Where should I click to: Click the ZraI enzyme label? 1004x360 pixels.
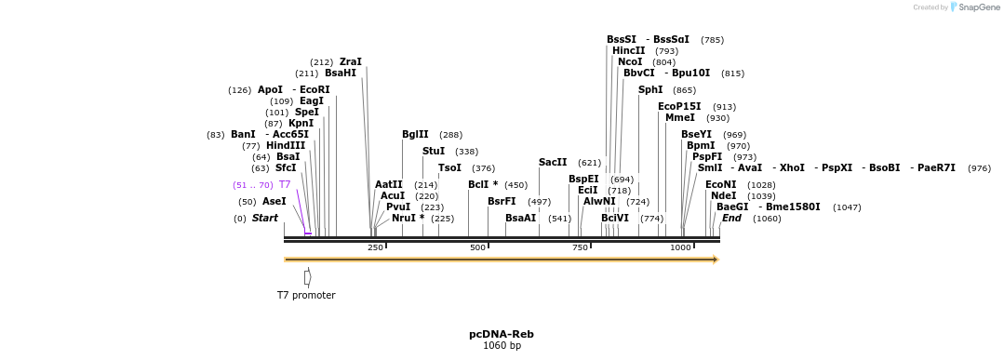pyautogui.click(x=350, y=62)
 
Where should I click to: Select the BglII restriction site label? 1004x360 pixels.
pyautogui.click(x=415, y=135)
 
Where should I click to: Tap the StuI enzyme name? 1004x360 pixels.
pyautogui.click(x=434, y=152)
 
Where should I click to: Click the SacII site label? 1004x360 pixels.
pyautogui.click(x=553, y=163)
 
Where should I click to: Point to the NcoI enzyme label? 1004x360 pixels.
pyautogui.click(x=630, y=62)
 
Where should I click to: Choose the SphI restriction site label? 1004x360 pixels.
pyautogui.click(x=650, y=90)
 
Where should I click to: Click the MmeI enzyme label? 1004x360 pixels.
pyautogui.click(x=679, y=118)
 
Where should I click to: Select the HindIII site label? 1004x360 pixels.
pyautogui.click(x=286, y=146)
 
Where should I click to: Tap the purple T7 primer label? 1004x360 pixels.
pyautogui.click(x=285, y=185)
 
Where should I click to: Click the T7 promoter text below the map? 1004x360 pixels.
pyautogui.click(x=306, y=296)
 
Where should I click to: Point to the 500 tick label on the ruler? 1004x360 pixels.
pyautogui.click(x=477, y=247)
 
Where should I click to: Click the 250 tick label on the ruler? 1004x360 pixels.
pyautogui.click(x=375, y=247)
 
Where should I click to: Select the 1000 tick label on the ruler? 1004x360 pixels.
pyautogui.click(x=680, y=247)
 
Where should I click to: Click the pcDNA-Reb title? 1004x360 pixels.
pyautogui.click(x=502, y=334)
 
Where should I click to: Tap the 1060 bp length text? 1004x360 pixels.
pyautogui.click(x=502, y=346)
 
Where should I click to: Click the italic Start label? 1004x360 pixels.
pyautogui.click(x=265, y=219)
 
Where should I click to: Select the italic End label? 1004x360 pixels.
pyautogui.click(x=731, y=219)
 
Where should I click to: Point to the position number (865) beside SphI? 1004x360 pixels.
pyautogui.click(x=684, y=90)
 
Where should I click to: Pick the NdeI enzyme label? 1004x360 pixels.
pyautogui.click(x=723, y=196)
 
